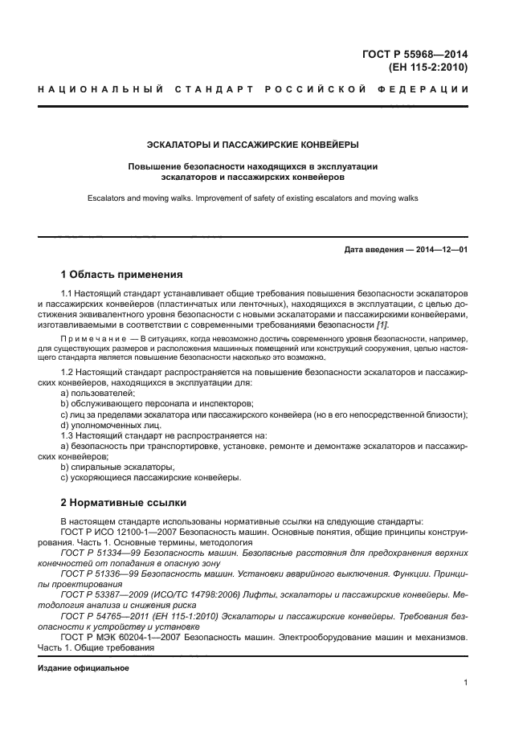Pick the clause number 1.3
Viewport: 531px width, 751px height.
69,435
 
